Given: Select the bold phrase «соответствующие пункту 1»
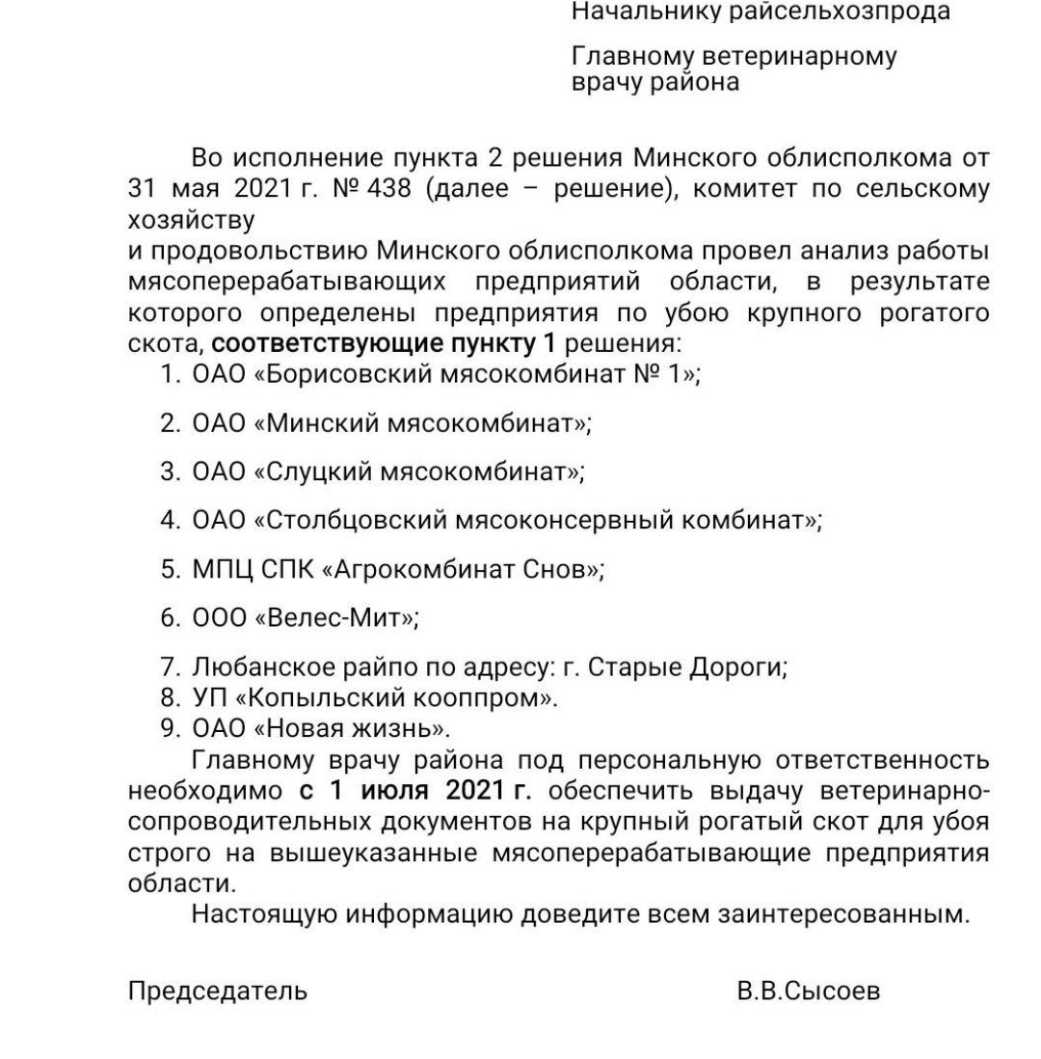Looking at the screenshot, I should click(x=384, y=345).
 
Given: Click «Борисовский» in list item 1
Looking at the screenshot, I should click(x=353, y=374).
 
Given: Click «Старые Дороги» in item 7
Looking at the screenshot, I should click(x=683, y=666).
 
